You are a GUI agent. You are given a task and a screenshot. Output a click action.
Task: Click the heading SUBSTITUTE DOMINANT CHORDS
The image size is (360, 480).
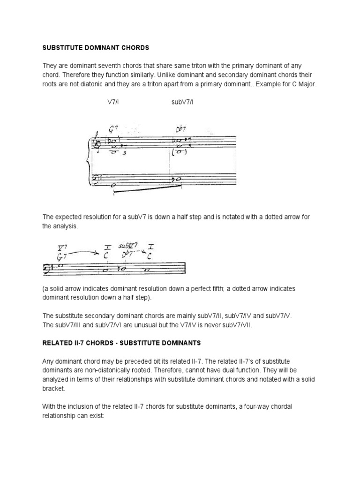tap(96, 47)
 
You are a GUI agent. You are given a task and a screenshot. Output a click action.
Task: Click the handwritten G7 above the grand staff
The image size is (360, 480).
tap(113, 130)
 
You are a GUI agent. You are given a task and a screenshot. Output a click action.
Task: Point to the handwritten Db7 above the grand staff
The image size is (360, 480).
tap(181, 130)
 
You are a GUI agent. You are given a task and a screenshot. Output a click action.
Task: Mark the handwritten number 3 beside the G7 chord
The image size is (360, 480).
tap(124, 152)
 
